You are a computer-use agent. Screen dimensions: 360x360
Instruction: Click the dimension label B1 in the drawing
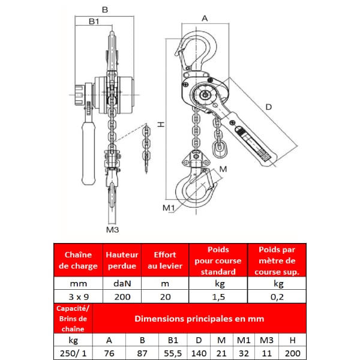pos(94,22)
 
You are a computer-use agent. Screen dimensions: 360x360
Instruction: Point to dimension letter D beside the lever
pos(268,107)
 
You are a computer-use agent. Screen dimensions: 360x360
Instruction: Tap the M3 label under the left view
pos(113,229)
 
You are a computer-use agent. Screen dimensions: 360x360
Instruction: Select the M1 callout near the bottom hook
pos(169,208)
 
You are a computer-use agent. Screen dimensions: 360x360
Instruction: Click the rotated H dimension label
pos(161,124)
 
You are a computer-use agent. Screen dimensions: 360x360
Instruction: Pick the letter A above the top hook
pos(205,19)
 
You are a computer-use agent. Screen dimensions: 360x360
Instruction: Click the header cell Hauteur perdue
pos(122,260)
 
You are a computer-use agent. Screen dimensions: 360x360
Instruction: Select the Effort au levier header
pos(165,260)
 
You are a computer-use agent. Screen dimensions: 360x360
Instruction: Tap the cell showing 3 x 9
pos(79,297)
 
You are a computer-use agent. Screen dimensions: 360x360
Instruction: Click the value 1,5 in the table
pos(218,297)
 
